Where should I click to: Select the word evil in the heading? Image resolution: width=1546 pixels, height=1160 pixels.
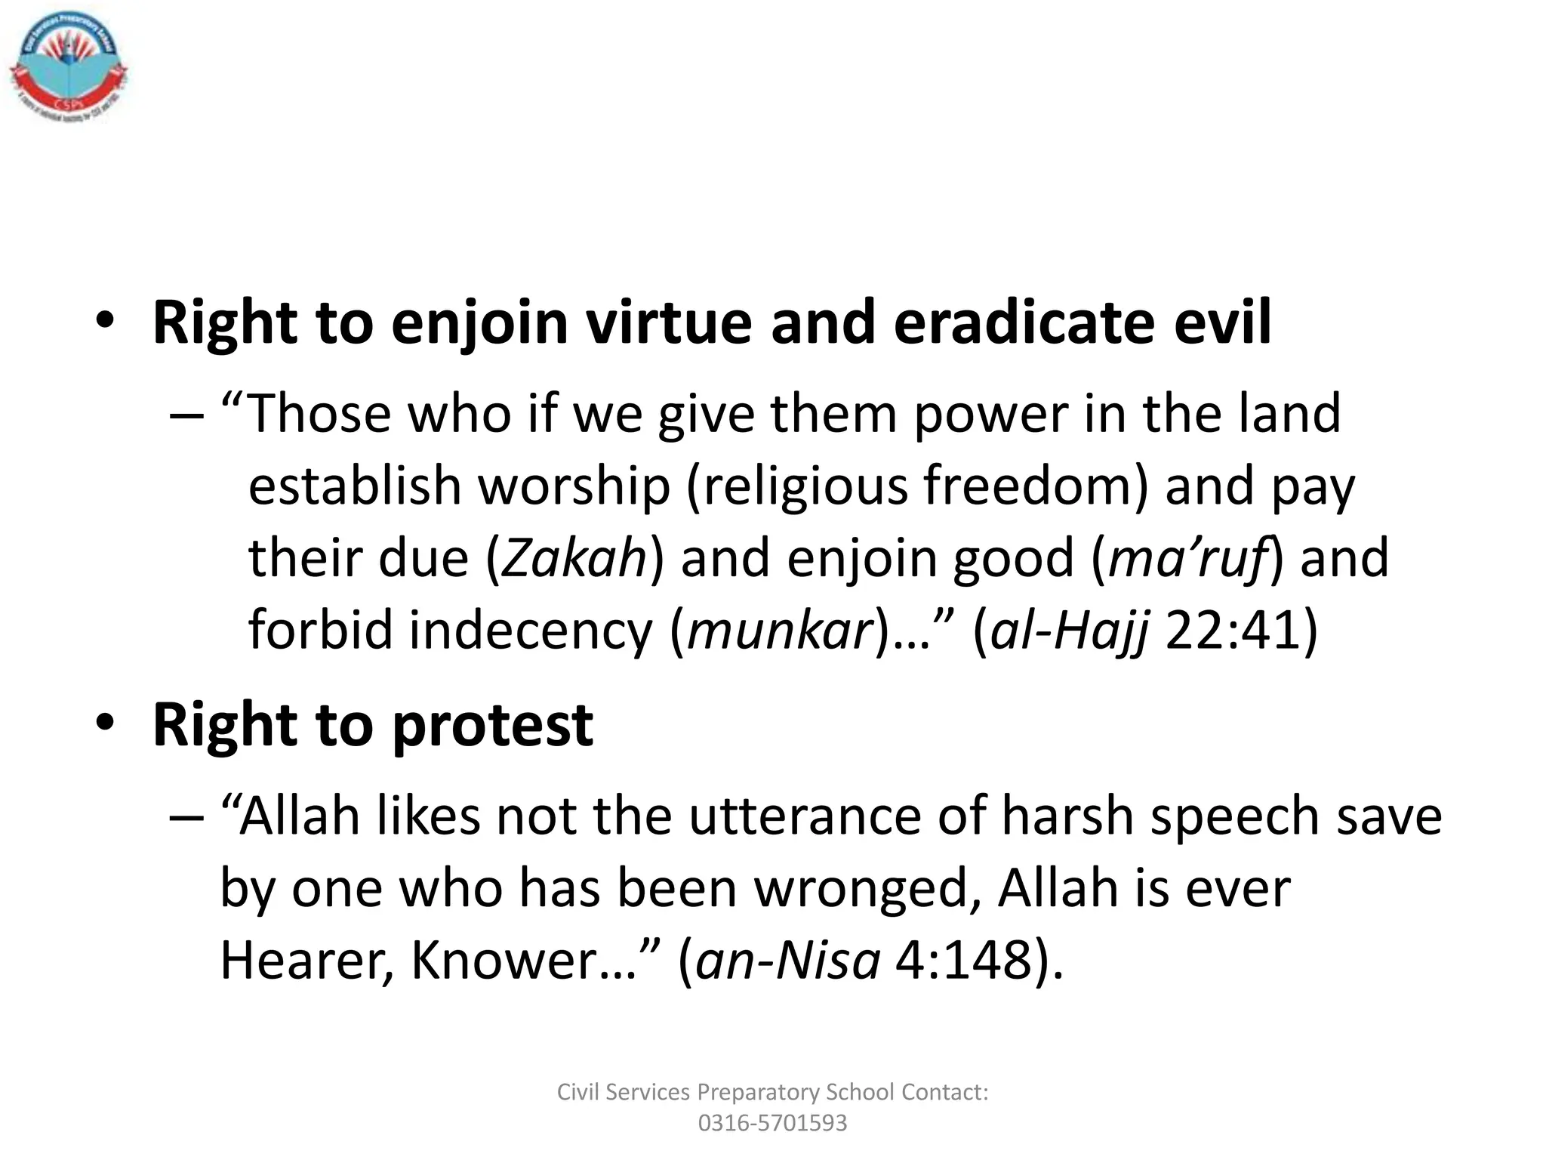pyautogui.click(x=1222, y=322)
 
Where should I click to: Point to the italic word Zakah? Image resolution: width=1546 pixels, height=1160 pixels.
pyautogui.click(x=574, y=557)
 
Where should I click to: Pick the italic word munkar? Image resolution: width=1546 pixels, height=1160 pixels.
pyautogui.click(x=781, y=629)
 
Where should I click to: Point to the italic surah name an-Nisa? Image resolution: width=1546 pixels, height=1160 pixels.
pyautogui.click(x=787, y=961)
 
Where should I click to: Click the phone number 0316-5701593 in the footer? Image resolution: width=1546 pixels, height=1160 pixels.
pyautogui.click(x=772, y=1123)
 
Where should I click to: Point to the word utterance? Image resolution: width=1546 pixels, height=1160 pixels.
pyautogui.click(x=803, y=817)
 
